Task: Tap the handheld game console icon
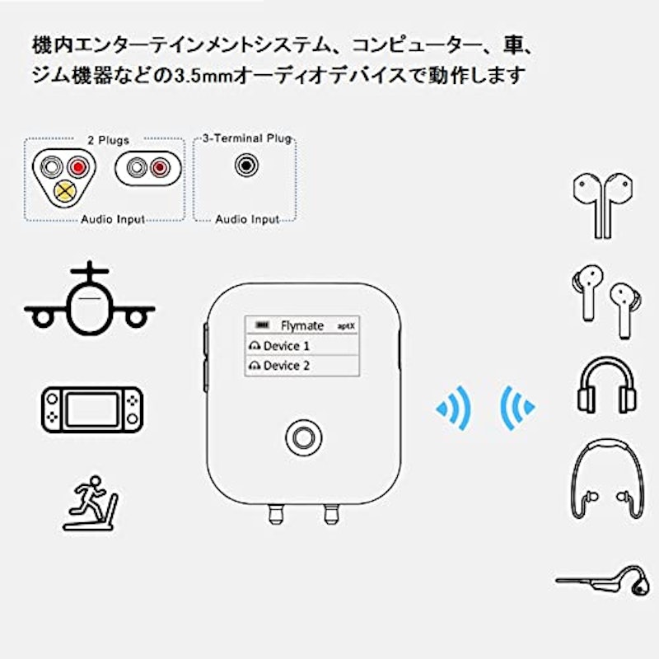92,409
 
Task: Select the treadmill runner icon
91,503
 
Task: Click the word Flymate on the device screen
302,325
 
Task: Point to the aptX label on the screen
346,326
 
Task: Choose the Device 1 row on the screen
302,345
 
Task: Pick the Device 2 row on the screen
302,366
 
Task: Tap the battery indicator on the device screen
263,325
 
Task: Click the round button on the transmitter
303,437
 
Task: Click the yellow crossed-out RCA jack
65,191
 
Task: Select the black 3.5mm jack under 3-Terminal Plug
246,166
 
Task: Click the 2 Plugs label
108,140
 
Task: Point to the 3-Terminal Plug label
247,138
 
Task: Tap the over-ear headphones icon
606,385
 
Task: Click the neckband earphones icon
606,479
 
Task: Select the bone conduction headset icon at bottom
604,581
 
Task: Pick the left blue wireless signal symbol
454,408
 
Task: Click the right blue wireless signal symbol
518,408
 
